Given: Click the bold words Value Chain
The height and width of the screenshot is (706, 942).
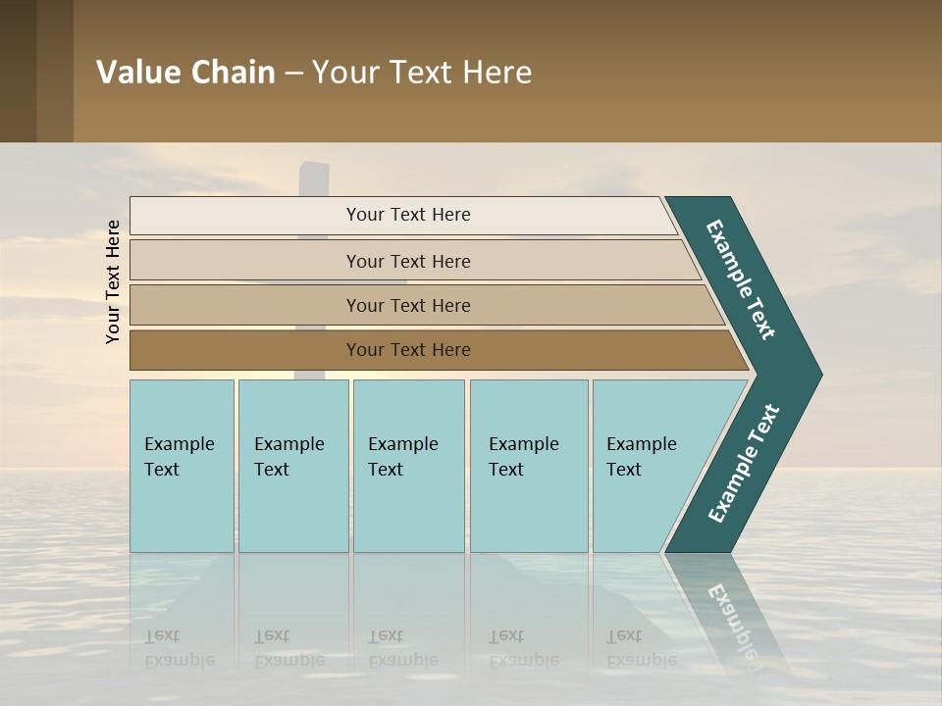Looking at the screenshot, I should pyautogui.click(x=185, y=73).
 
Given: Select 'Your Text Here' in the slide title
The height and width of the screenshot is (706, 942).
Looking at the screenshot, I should pyautogui.click(x=422, y=73).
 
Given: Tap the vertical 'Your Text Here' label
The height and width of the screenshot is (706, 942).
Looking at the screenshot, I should pyautogui.click(x=113, y=281).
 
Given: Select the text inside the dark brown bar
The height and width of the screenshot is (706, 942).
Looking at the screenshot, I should pyautogui.click(x=408, y=350).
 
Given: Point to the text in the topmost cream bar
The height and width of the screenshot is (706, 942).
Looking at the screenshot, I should pyautogui.click(x=408, y=215).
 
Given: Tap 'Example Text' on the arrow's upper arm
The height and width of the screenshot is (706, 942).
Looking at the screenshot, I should pyautogui.click(x=741, y=279).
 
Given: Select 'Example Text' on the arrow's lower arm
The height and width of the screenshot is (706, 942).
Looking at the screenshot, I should pyautogui.click(x=744, y=464).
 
